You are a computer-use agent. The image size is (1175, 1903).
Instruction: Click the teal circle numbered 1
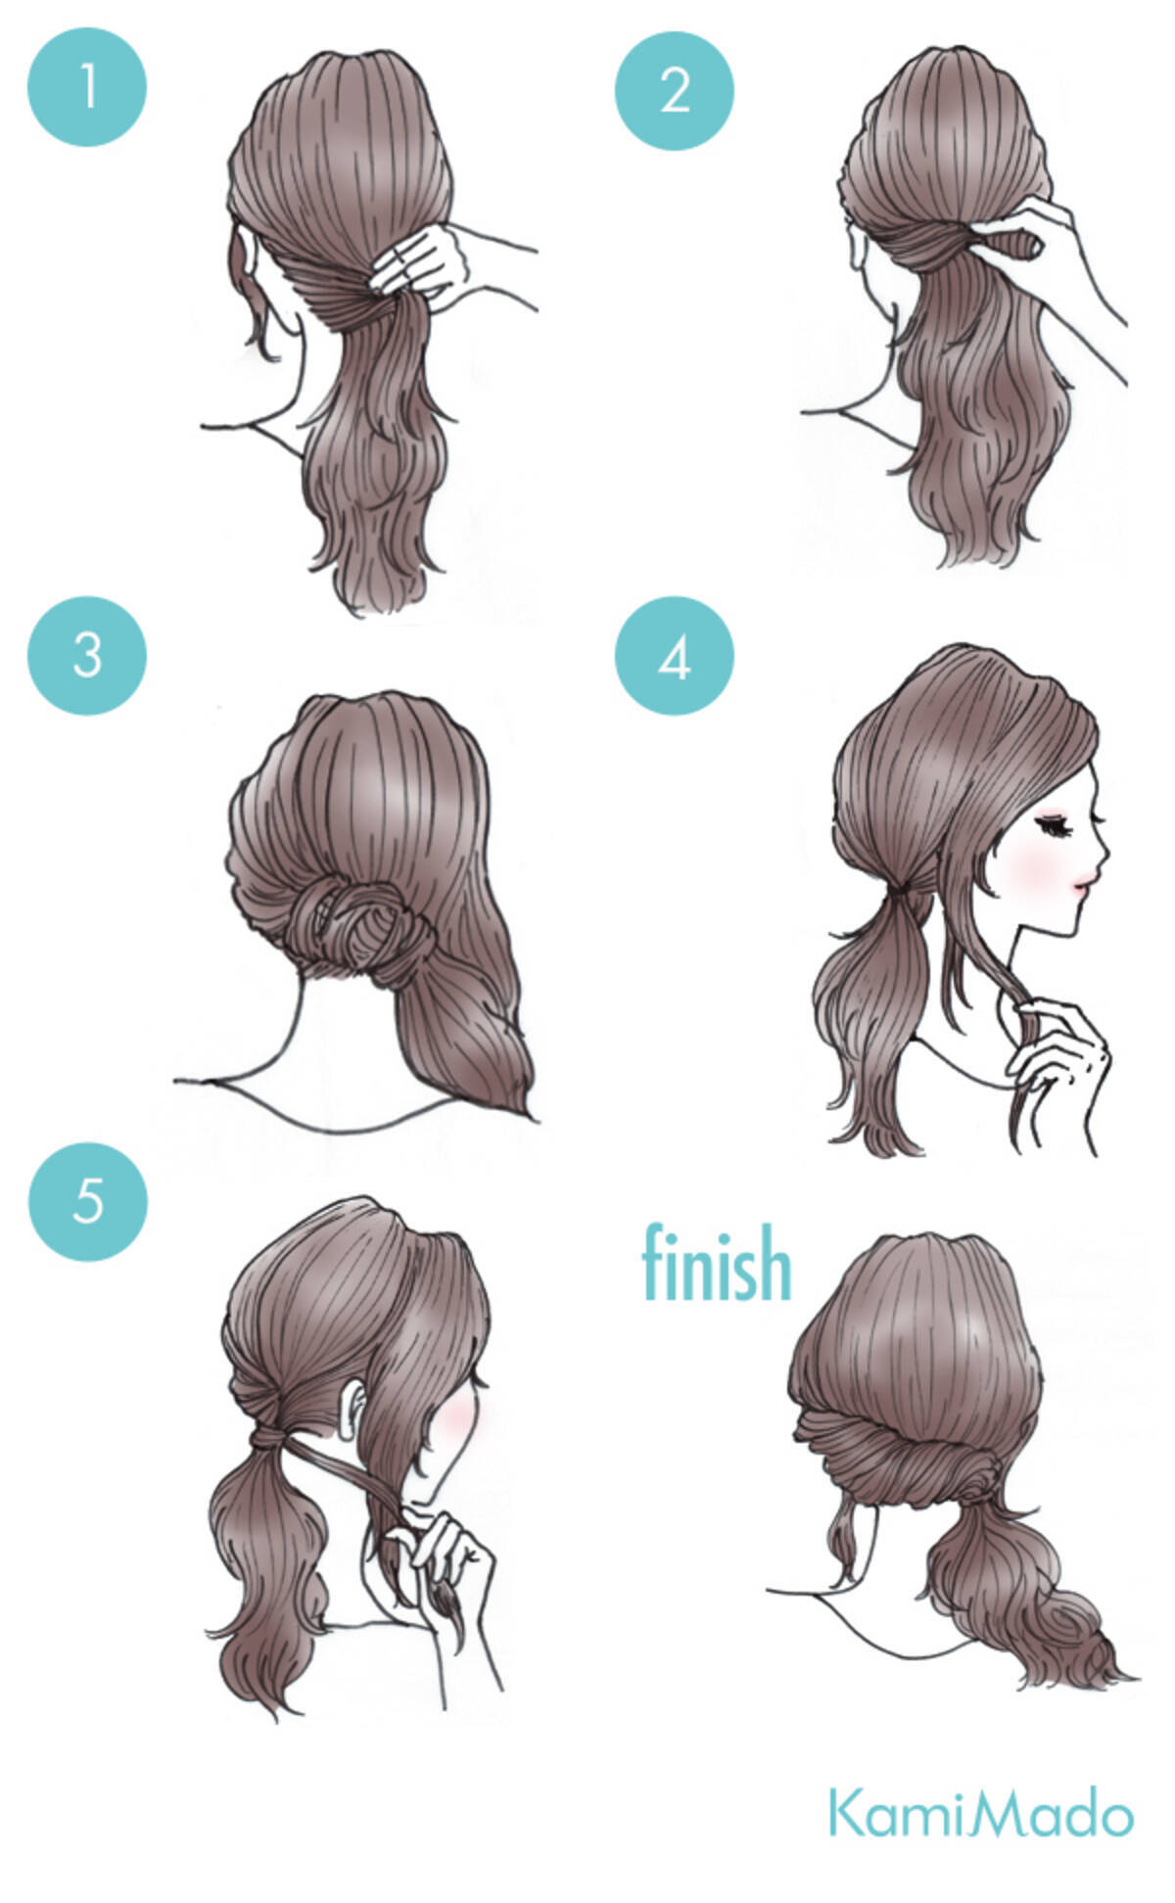[87, 87]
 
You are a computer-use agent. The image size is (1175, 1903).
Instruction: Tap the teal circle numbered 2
[675, 90]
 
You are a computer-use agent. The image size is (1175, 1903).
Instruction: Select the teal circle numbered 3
[87, 655]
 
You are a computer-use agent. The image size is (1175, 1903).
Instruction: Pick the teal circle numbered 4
[675, 656]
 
